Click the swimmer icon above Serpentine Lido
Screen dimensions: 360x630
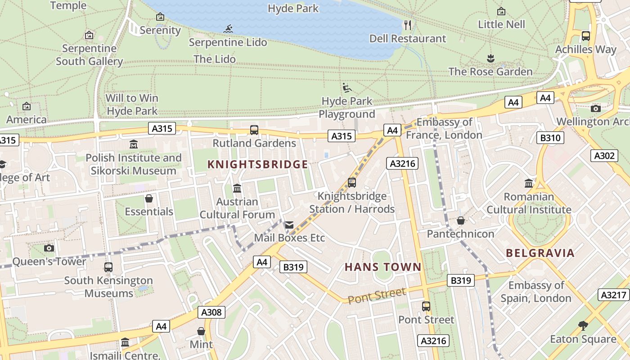click(229, 29)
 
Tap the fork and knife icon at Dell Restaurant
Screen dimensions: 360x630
click(408, 25)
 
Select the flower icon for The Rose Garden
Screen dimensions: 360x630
click(490, 58)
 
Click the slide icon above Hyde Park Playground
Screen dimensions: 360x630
click(346, 87)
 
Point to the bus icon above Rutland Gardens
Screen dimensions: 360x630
click(254, 130)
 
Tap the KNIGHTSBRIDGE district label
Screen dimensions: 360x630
click(258, 165)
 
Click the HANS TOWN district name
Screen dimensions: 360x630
click(383, 267)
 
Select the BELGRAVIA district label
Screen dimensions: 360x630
click(540, 253)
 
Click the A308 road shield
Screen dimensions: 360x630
click(211, 312)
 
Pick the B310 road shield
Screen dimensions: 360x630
click(550, 138)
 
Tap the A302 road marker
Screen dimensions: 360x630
click(604, 156)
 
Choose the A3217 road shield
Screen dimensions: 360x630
click(614, 295)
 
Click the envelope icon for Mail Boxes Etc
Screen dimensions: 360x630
click(289, 225)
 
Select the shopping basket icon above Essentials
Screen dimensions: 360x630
click(149, 198)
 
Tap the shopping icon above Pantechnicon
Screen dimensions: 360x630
click(460, 220)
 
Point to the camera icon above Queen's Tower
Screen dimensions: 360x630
click(49, 248)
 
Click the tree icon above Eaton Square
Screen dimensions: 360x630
click(583, 325)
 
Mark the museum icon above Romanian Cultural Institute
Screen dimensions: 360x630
click(529, 184)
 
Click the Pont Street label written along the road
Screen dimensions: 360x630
click(377, 296)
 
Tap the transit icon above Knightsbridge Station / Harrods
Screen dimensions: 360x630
click(352, 183)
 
